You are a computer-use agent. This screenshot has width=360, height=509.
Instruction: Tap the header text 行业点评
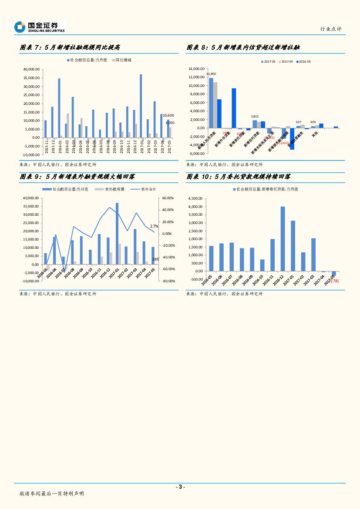tap(331, 29)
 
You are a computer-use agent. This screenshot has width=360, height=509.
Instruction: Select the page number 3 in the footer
tap(180, 486)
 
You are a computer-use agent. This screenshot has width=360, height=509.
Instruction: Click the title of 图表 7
tap(70, 47)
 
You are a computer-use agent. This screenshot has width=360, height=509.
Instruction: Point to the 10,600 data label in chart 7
tap(168, 115)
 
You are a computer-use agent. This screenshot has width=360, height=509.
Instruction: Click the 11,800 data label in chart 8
tap(211, 74)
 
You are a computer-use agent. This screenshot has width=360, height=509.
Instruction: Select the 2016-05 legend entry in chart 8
tap(303, 62)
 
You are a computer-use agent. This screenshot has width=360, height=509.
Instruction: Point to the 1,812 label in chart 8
tap(255, 117)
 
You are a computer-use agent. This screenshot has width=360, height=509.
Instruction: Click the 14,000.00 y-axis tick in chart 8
tap(197, 69)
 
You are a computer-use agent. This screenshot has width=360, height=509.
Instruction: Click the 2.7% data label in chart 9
tap(154, 226)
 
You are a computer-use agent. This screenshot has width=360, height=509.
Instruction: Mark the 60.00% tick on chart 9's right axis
tap(168, 198)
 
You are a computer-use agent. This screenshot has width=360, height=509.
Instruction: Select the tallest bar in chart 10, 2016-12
tap(283, 238)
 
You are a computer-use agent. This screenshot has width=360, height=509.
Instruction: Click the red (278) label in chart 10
tap(333, 281)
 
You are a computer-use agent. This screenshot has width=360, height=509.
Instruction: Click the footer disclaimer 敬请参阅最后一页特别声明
tap(52, 494)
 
